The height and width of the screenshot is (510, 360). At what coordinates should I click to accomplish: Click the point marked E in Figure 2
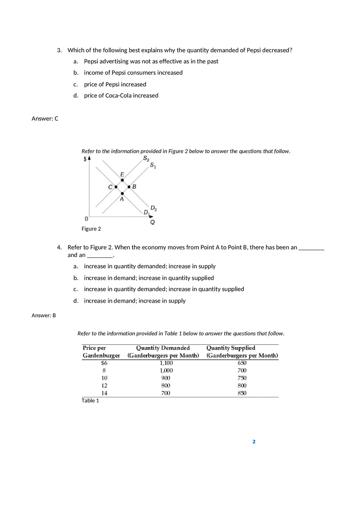coord(122,180)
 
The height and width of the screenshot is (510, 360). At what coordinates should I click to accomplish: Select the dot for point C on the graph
coord(116,187)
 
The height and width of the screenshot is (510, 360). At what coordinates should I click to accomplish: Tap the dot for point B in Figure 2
coord(129,187)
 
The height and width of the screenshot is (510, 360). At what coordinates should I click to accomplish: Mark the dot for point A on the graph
coord(122,193)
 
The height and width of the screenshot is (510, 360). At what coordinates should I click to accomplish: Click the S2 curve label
coord(146,159)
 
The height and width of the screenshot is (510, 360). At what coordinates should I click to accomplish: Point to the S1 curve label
coord(153,165)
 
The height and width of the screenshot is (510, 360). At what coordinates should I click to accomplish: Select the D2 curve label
coord(153,208)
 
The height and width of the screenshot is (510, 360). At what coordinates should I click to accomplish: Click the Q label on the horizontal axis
coord(152,222)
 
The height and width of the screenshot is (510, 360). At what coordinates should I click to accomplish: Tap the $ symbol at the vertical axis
coord(85,159)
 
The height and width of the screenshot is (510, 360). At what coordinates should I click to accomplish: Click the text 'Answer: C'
coord(45,119)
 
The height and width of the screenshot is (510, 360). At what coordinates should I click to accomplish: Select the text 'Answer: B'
coord(44,315)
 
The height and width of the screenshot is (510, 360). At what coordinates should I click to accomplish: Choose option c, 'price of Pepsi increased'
coord(115,84)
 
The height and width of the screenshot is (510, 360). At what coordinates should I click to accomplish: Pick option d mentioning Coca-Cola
coord(121,95)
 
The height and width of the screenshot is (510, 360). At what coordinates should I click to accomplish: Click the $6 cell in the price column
coord(104,363)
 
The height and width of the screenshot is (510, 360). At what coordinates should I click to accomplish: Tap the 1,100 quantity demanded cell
coord(166,363)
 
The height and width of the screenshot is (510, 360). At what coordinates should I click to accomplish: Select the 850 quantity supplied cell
coord(242,393)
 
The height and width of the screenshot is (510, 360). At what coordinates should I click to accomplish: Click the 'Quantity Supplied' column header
coord(231,348)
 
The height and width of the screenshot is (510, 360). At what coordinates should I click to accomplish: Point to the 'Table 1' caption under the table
coord(90,400)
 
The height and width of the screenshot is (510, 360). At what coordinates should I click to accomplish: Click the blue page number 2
coord(254,442)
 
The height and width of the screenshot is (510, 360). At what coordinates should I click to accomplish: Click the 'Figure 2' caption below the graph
coord(91,229)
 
